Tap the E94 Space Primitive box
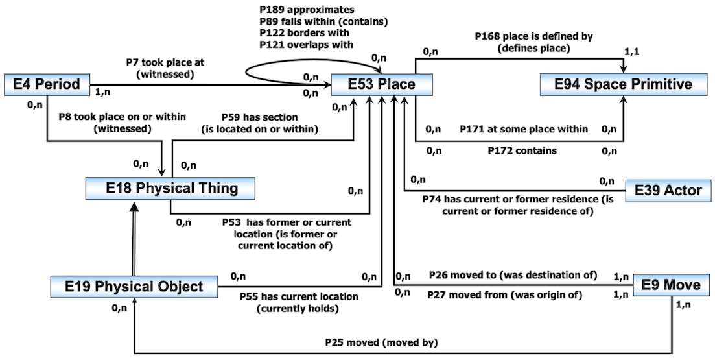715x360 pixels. tap(623, 84)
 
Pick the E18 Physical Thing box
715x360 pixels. tap(170, 189)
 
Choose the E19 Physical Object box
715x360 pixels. tap(135, 286)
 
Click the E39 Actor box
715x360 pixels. tap(668, 190)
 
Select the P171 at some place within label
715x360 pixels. tap(524, 129)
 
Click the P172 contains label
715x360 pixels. tap(522, 150)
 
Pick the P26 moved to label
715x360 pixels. tap(512, 274)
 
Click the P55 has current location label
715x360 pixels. tap(299, 296)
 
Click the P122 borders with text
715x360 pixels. tap(303, 32)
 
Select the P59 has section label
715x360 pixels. tap(259, 117)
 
